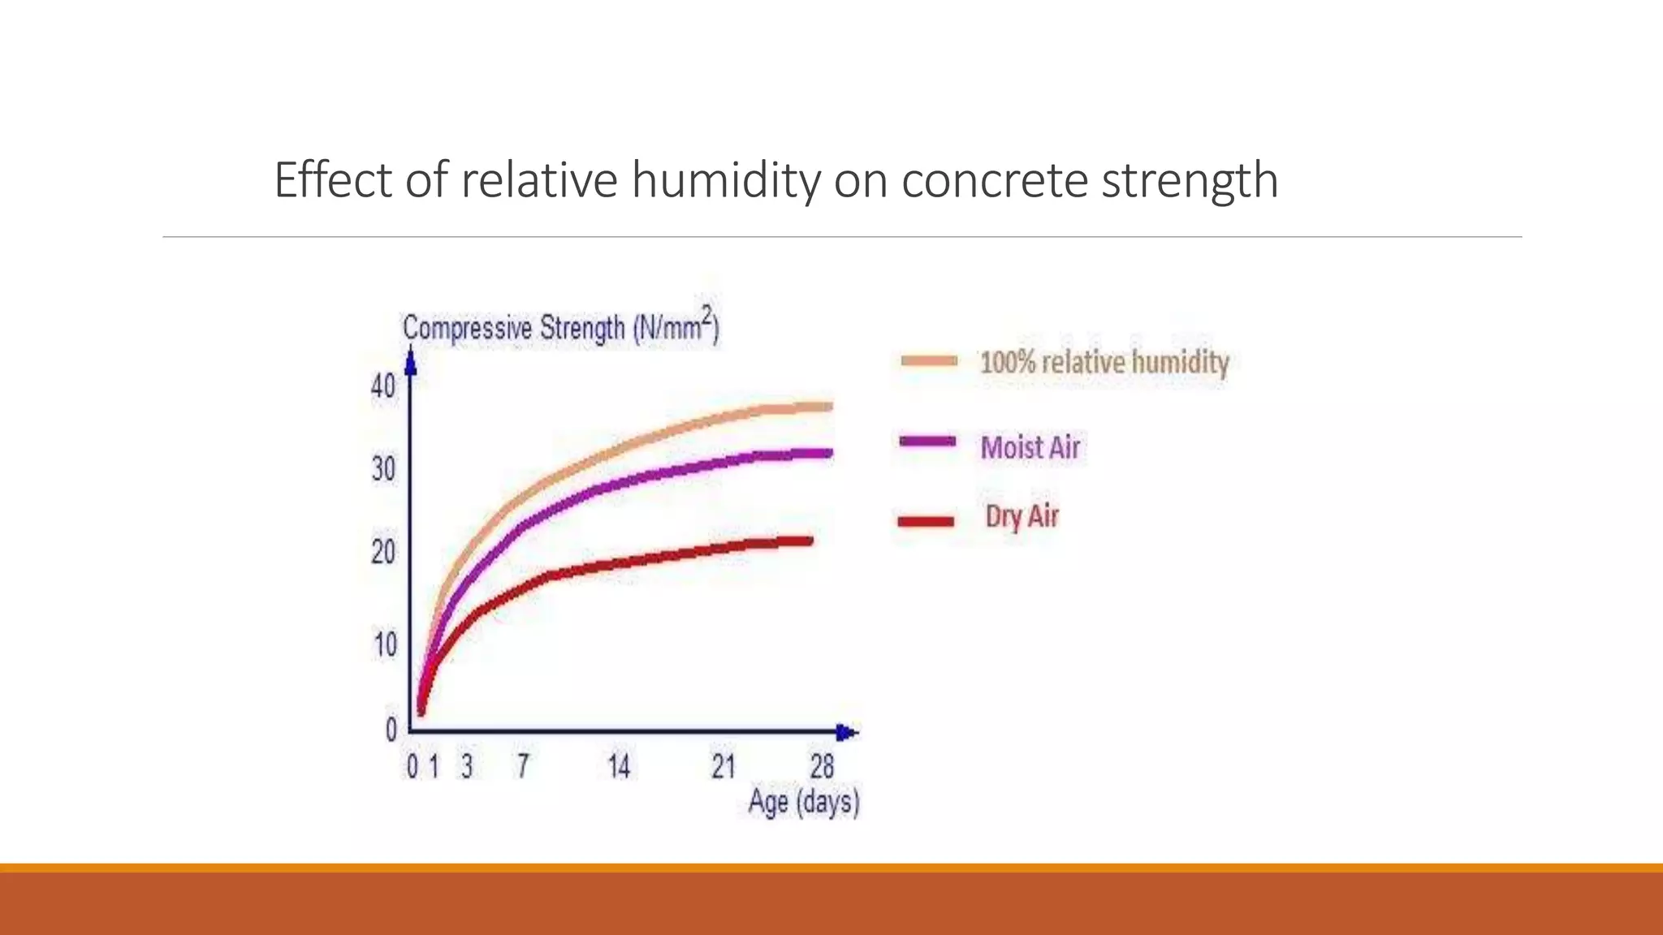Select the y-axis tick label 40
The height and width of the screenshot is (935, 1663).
coord(383,386)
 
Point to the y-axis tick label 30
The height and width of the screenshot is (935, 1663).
coord(383,469)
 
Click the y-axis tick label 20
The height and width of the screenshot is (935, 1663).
coord(383,553)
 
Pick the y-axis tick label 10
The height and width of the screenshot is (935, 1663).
coord(385,645)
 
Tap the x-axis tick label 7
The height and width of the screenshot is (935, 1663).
coord(523,766)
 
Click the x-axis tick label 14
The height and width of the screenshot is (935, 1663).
coord(619,766)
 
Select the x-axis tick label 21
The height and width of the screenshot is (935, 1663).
coord(723,766)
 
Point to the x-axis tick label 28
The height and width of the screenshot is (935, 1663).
coord(822,766)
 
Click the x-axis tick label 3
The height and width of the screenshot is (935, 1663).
coord(466,766)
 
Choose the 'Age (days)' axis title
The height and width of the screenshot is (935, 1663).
coord(803,802)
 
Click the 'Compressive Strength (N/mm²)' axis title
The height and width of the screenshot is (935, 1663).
coord(560,327)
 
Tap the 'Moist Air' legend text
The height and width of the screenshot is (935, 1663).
coord(1030,447)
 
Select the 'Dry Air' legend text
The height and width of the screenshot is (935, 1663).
coord(1022,516)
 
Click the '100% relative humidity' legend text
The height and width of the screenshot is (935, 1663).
coord(1104,362)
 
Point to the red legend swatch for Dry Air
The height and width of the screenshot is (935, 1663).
coord(926,521)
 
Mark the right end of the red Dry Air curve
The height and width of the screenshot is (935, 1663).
coord(809,541)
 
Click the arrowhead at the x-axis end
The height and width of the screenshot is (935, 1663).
coord(846,733)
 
